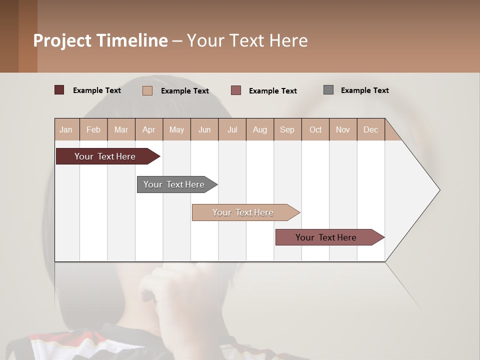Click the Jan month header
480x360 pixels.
(66, 129)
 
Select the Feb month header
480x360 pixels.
(93, 129)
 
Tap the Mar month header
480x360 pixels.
(121, 129)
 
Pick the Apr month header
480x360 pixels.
(149, 129)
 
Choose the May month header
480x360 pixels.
(176, 129)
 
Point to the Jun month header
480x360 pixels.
(204, 129)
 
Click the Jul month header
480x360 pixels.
(232, 129)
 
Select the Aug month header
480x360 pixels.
(260, 129)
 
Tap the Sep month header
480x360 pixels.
(287, 129)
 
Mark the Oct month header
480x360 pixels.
(315, 129)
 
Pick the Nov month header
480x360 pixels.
(343, 129)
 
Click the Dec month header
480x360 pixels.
(371, 129)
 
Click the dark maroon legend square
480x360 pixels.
(59, 90)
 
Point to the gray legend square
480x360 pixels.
(328, 90)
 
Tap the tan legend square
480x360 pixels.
(147, 90)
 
